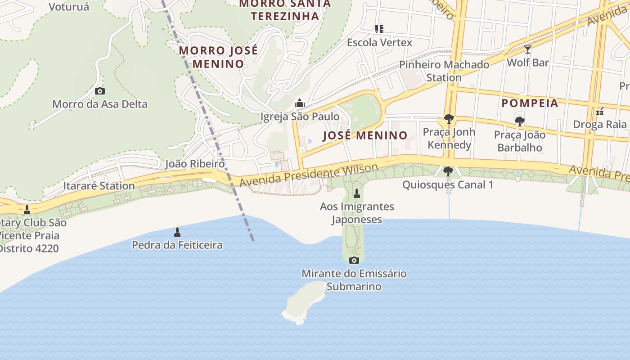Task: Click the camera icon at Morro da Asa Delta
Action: [x=100, y=91]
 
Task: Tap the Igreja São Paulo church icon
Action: [x=300, y=103]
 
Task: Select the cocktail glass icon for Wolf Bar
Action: [x=528, y=49]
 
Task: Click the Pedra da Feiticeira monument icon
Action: [x=177, y=232]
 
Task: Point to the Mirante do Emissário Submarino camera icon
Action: [x=354, y=260]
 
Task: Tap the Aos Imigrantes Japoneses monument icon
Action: [x=357, y=194]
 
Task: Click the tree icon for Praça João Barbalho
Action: [x=520, y=121]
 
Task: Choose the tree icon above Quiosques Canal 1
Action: [x=448, y=171]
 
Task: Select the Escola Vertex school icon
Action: [x=379, y=29]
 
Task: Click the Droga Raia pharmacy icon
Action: [x=599, y=111]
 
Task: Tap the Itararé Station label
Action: [x=99, y=186]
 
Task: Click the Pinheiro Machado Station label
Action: [x=444, y=71]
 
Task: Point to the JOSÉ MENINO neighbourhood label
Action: [x=365, y=135]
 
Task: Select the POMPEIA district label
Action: [x=530, y=103]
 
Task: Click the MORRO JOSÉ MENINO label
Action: [x=218, y=57]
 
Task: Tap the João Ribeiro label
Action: [x=195, y=164]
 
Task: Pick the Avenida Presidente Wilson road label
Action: [x=309, y=175]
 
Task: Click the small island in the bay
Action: [x=305, y=301]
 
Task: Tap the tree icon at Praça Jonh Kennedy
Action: [x=449, y=119]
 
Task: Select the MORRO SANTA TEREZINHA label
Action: [x=285, y=10]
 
